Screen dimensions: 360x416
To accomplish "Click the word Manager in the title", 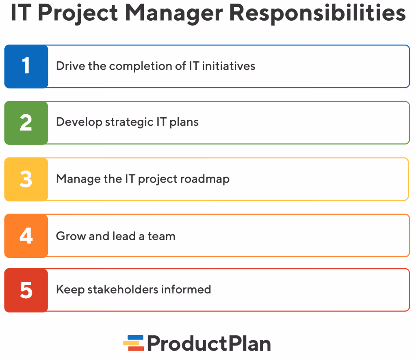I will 173,14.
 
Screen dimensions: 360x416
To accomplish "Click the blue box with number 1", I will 26,66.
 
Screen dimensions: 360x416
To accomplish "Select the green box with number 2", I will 26,123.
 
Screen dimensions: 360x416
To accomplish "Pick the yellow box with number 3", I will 26,179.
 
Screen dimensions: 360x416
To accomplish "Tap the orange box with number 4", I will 26,235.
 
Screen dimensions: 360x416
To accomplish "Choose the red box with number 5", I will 26,290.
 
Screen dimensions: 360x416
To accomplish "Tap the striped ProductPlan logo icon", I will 134,343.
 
